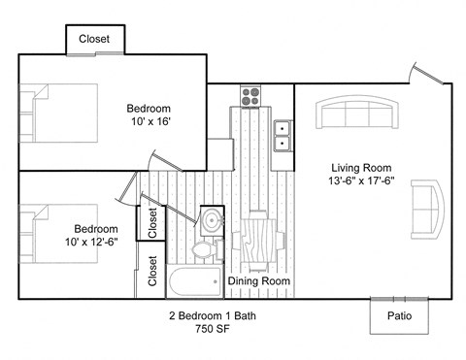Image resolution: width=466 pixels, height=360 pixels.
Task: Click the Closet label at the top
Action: tap(94, 40)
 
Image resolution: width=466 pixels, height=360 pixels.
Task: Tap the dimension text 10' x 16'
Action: tap(150, 122)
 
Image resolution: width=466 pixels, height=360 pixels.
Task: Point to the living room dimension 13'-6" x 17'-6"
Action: tap(360, 180)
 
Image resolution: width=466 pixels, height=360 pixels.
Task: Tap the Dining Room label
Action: tap(259, 281)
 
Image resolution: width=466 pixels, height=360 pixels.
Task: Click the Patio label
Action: tap(399, 315)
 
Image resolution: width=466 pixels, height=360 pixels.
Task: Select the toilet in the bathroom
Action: tap(203, 250)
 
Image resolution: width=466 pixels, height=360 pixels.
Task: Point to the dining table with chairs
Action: tap(258, 239)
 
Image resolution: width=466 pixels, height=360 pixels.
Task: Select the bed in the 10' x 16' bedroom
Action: tap(59, 113)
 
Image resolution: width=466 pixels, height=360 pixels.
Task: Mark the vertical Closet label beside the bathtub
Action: tap(152, 272)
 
